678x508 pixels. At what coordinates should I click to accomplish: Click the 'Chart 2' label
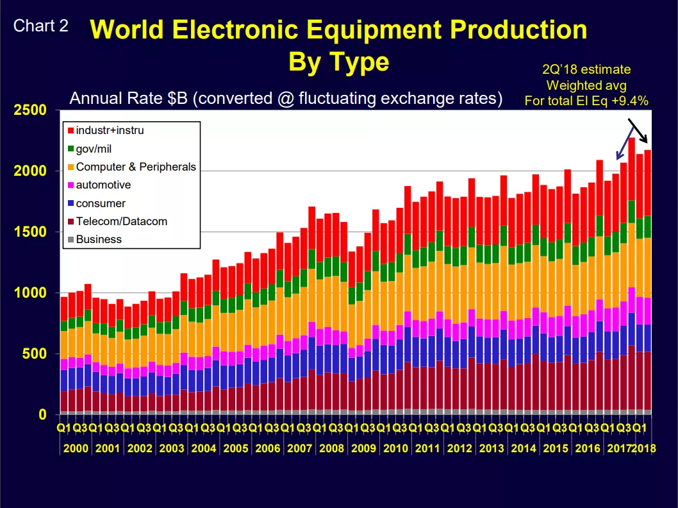[40, 26]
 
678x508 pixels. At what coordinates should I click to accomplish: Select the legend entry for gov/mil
[90, 149]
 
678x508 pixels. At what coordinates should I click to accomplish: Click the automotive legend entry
[99, 185]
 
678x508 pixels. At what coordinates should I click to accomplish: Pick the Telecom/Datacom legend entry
[117, 221]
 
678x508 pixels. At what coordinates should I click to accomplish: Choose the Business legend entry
[94, 239]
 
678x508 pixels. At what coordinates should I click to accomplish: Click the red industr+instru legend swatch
[71, 131]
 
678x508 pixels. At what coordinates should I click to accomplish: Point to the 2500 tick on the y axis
[30, 110]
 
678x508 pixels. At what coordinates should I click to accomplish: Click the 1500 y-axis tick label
[30, 232]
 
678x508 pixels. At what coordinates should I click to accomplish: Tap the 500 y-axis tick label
[34, 353]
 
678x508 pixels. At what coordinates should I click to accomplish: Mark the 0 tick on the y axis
[42, 414]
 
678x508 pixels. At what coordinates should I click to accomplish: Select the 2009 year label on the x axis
[363, 448]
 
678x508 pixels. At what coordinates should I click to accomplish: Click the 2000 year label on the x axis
[76, 448]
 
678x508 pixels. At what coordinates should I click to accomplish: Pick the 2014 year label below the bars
[523, 448]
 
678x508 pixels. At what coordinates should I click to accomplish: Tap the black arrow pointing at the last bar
[638, 130]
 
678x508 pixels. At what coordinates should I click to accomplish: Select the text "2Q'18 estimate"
[586, 69]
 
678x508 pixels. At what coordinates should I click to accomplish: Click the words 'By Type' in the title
[338, 62]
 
